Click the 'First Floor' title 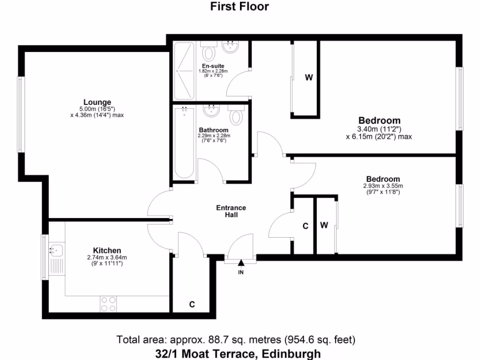click(240, 7)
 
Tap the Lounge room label click(97, 102)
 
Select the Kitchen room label click(107, 251)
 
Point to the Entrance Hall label click(231, 211)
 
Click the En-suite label click(213, 66)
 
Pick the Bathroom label click(213, 130)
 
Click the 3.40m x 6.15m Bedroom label click(379, 120)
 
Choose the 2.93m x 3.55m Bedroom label click(383, 179)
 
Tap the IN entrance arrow click(241, 266)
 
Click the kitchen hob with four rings click(108, 304)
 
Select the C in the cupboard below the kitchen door click(192, 304)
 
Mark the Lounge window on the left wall click(20, 114)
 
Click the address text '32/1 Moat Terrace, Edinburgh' click(239, 353)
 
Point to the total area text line click(239, 339)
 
